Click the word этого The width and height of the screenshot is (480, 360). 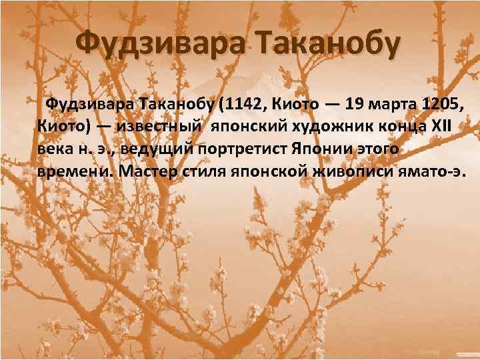coord(381,148)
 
